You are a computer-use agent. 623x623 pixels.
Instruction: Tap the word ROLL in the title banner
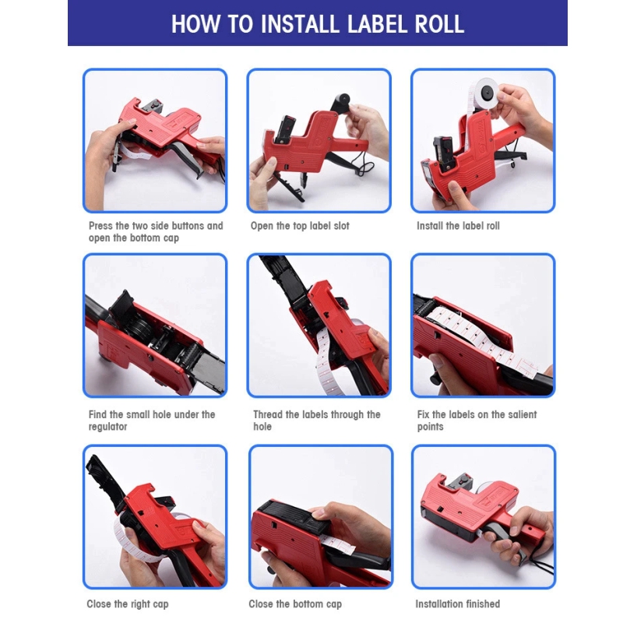click(439, 24)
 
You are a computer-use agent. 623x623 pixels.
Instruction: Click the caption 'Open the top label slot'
click(300, 226)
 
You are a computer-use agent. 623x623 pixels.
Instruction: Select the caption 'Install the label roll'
click(458, 226)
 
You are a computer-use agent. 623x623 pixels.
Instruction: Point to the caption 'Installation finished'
click(458, 604)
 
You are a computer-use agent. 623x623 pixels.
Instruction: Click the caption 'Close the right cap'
click(128, 604)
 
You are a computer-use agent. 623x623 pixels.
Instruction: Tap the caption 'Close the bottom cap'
click(295, 604)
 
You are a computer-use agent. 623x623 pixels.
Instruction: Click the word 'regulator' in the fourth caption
click(107, 427)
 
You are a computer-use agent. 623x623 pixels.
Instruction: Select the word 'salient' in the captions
click(520, 414)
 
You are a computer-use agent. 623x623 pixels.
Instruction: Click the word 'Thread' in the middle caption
click(268, 414)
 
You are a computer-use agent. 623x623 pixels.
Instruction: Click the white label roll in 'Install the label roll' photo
click(486, 94)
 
